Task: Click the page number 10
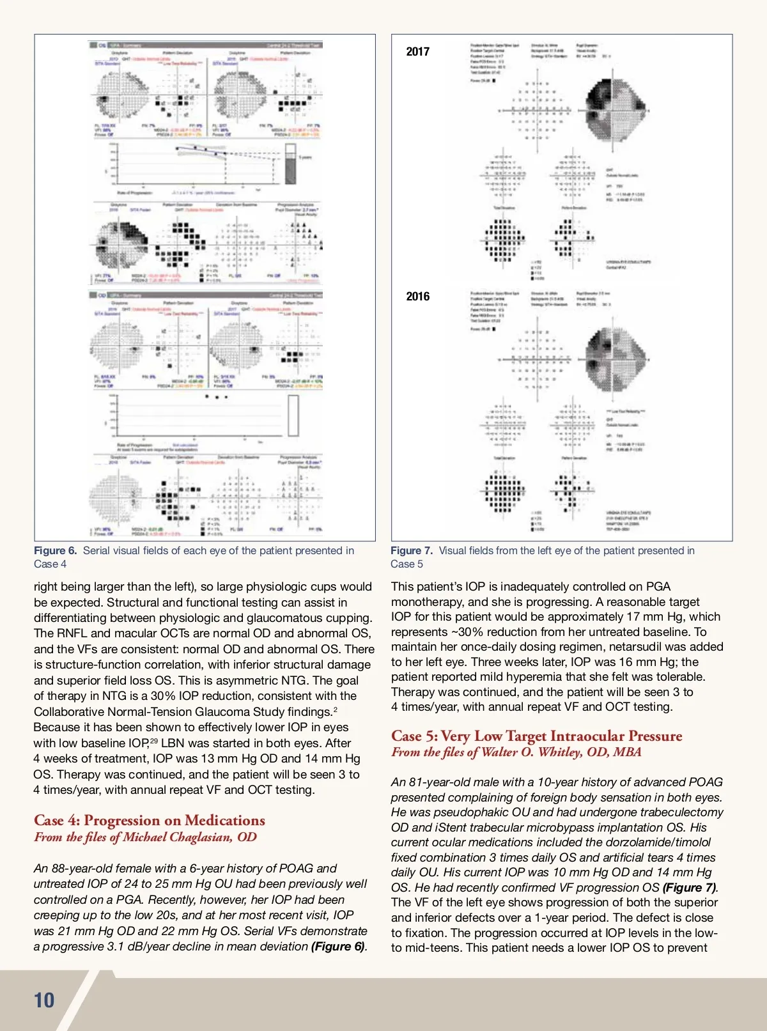tap(44, 1000)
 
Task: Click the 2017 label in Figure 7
tap(418, 52)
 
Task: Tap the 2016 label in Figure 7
tap(418, 296)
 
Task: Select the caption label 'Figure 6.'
tap(56, 550)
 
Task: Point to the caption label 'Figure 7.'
tap(412, 550)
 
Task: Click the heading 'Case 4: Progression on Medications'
tap(149, 820)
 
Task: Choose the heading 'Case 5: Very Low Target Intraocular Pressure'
tap(536, 736)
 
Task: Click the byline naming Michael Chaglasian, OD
tap(145, 837)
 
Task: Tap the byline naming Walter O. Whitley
tap(516, 752)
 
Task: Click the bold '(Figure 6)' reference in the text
tap(338, 946)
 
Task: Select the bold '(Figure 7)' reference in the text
tap(690, 887)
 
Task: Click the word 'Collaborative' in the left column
tap(69, 711)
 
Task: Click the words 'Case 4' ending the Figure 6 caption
tap(50, 564)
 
